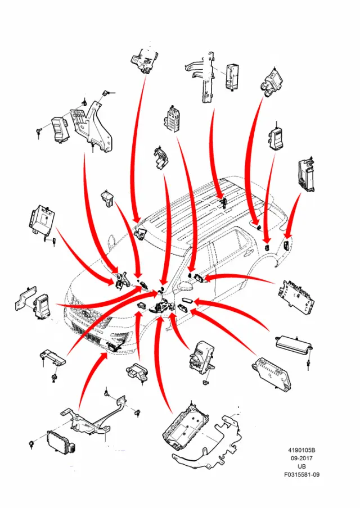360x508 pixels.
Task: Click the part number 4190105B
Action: pos(301,450)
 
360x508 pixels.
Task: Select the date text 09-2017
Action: pos(301,458)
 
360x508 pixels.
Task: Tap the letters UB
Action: pos(301,466)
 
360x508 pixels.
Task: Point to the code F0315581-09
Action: pos(301,475)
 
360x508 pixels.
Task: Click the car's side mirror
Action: pos(185,287)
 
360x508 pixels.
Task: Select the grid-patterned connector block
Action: pos(172,119)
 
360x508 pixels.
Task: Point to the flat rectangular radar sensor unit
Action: pos(61,442)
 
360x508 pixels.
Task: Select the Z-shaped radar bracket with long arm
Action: pos(94,418)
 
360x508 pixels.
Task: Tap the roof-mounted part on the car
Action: pos(223,203)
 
